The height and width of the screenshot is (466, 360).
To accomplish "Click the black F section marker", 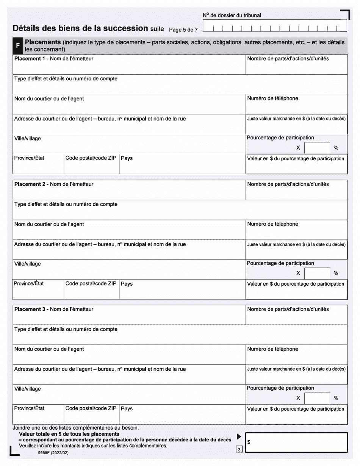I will [18, 46].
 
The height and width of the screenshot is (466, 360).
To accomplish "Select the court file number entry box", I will [275, 28].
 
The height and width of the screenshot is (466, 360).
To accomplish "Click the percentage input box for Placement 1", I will [317, 148].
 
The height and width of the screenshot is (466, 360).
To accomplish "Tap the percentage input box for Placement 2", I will [317, 273].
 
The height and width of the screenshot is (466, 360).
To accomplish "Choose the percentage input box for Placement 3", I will [317, 398].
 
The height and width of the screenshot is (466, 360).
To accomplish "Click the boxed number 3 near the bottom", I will [239, 450].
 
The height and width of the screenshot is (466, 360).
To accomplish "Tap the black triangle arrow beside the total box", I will [239, 436].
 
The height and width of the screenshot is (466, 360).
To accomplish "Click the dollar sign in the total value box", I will [249, 442].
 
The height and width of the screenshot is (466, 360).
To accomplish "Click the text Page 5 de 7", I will [183, 30].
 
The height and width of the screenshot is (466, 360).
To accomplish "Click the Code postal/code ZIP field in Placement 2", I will [91, 291].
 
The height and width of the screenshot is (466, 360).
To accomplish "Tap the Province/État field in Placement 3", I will [38, 416].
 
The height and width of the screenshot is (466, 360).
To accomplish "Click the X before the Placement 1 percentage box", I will [298, 148].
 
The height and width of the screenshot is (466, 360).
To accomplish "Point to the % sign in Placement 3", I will [336, 398].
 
